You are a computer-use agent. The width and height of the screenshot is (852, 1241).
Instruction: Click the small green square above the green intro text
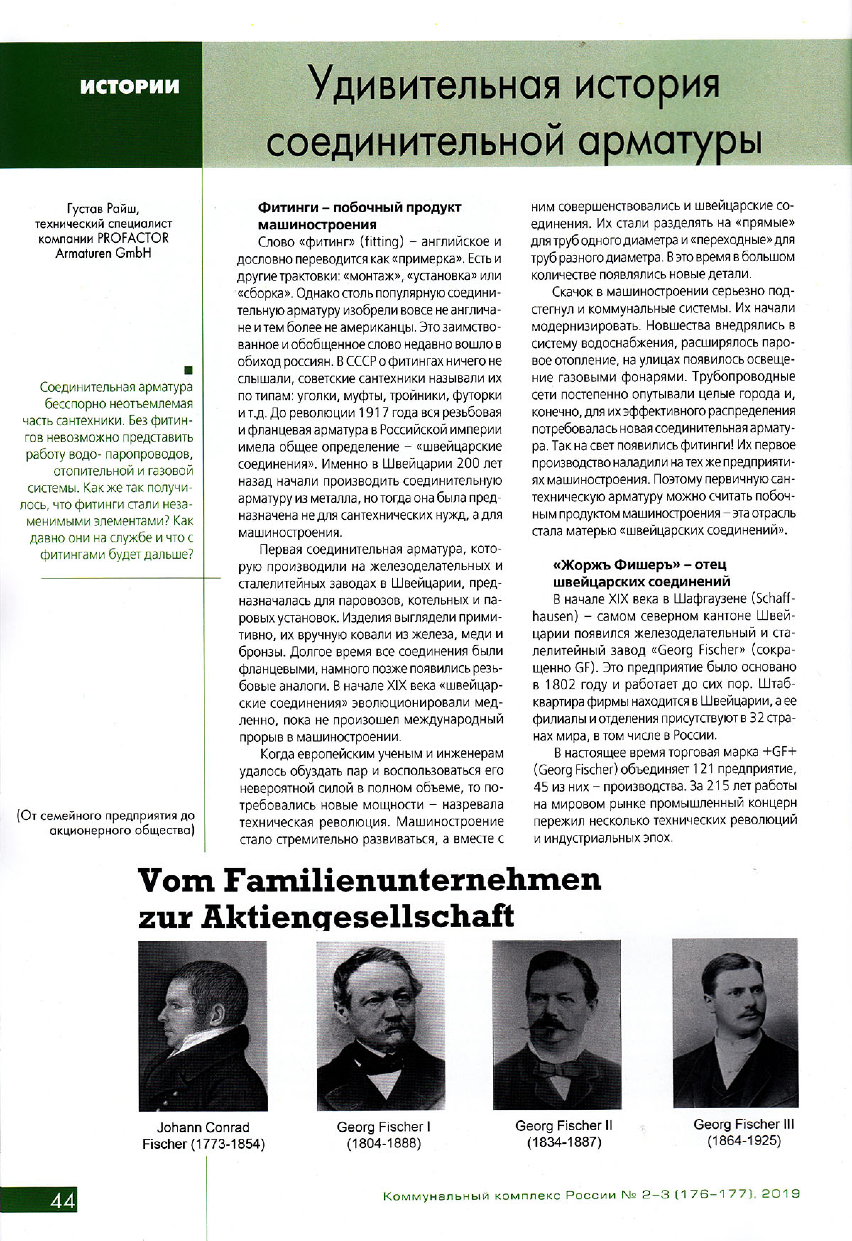coord(188,370)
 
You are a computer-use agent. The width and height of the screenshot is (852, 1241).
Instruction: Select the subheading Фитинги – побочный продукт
coord(360,207)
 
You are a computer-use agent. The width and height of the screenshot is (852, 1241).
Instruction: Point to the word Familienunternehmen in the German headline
coord(413,881)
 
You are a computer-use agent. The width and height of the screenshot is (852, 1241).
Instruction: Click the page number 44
coord(62,1201)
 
